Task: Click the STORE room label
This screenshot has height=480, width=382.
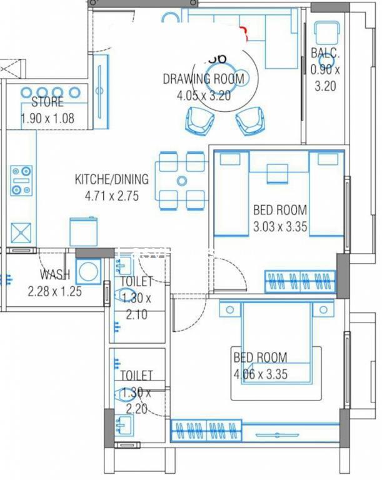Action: point(48,102)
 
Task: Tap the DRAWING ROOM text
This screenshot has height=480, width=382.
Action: point(204,79)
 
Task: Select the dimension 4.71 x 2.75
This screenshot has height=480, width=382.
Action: point(112,196)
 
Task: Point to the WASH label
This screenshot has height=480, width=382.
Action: point(55,274)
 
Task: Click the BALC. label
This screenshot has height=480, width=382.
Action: point(325,53)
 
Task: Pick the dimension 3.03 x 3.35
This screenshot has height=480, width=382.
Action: point(280,227)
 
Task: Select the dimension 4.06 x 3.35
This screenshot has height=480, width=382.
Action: point(260,374)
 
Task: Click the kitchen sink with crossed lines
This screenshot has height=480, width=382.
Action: point(21,233)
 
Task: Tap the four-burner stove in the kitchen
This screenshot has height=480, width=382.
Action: point(21,181)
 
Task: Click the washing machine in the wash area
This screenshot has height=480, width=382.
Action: point(88,271)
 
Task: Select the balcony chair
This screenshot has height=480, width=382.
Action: point(327,32)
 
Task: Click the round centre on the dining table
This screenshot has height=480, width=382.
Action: point(182,181)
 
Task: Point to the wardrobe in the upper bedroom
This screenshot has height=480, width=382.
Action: point(300,281)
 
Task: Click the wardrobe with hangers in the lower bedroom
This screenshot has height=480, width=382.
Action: point(206,431)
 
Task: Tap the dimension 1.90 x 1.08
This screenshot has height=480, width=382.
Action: point(48,119)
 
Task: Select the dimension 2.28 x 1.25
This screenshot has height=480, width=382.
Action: point(55,291)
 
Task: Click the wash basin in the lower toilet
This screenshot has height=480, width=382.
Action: point(124,426)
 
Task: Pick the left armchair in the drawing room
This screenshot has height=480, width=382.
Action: point(200,121)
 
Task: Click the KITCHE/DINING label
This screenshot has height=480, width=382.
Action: point(112,179)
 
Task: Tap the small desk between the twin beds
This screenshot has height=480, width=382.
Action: point(278,174)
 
